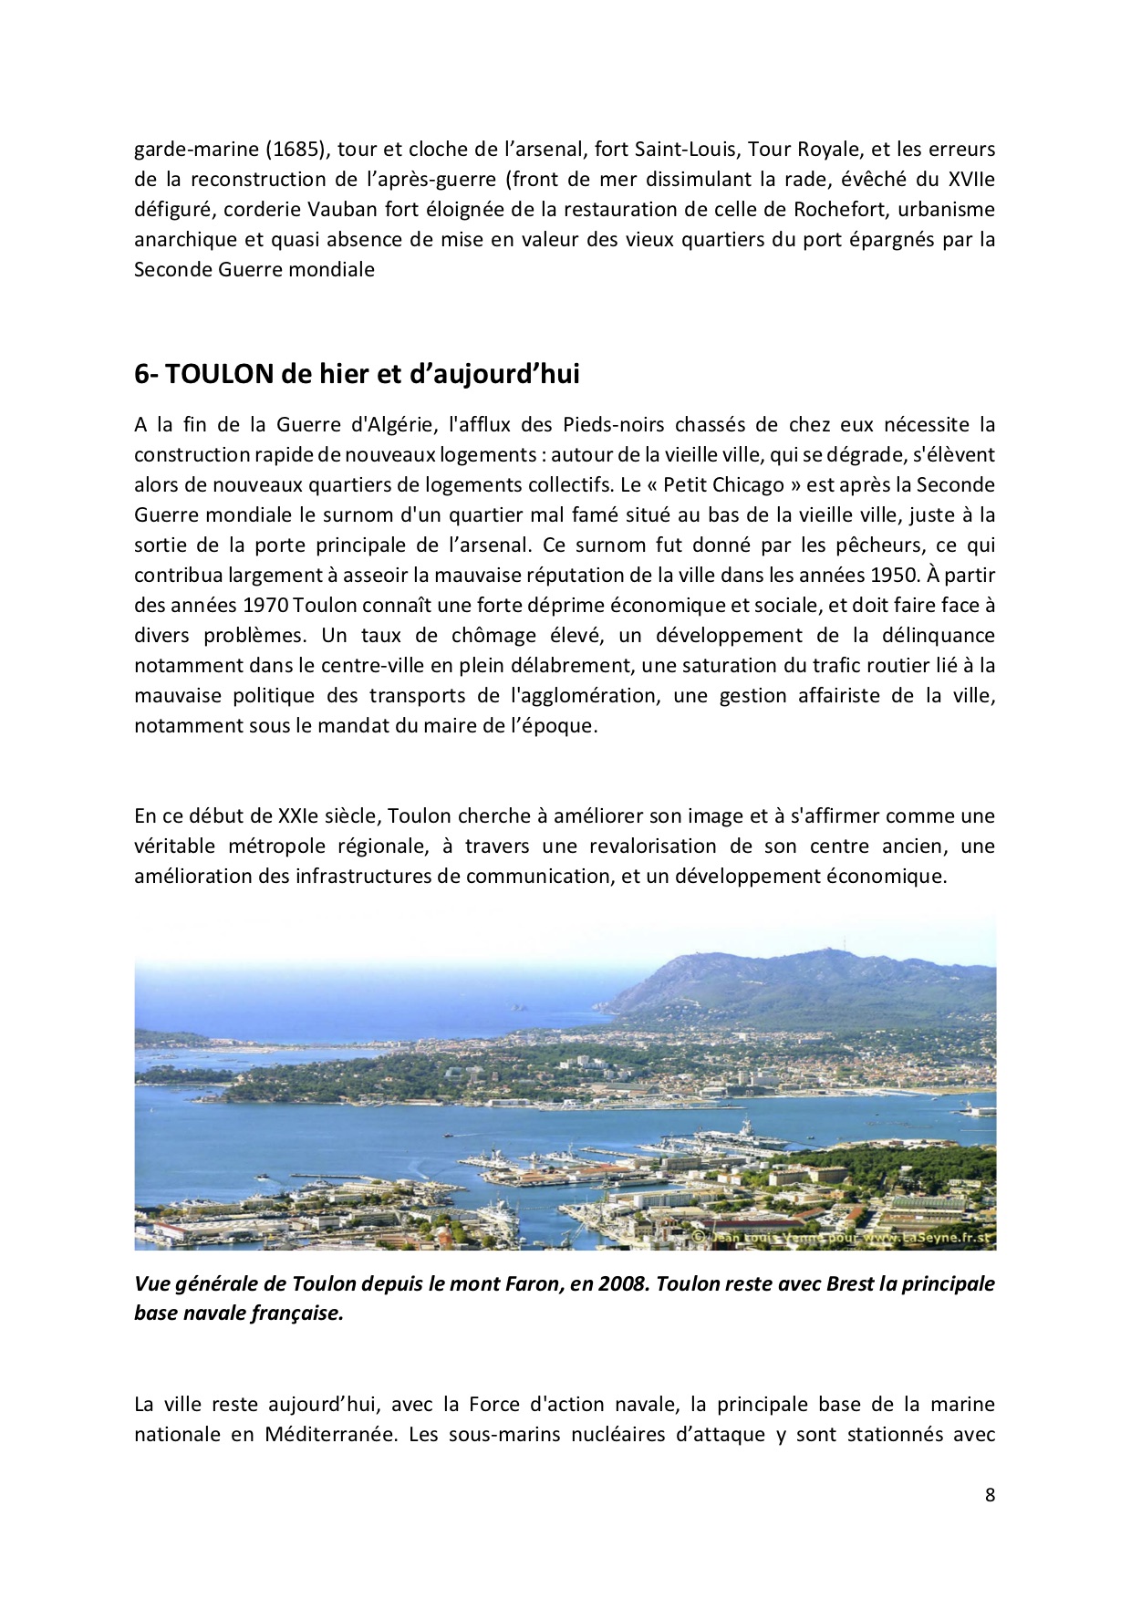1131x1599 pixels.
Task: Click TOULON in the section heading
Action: pos(219,374)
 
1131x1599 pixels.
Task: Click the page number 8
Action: pos(990,1494)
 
